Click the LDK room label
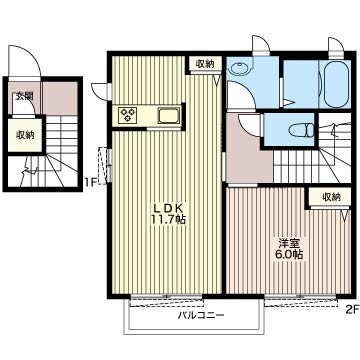[168, 208]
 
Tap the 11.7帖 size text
[168, 220]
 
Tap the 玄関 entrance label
[23, 96]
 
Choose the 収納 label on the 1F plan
[25, 135]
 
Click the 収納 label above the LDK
[204, 64]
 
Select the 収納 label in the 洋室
[331, 197]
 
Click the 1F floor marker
[89, 182]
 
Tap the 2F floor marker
[352, 310]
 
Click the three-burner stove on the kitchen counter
[128, 114]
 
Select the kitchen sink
[169, 115]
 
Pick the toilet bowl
[301, 130]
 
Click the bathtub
[336, 84]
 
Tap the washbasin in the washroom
[239, 69]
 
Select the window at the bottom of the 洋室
[300, 298]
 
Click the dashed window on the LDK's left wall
[106, 165]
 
